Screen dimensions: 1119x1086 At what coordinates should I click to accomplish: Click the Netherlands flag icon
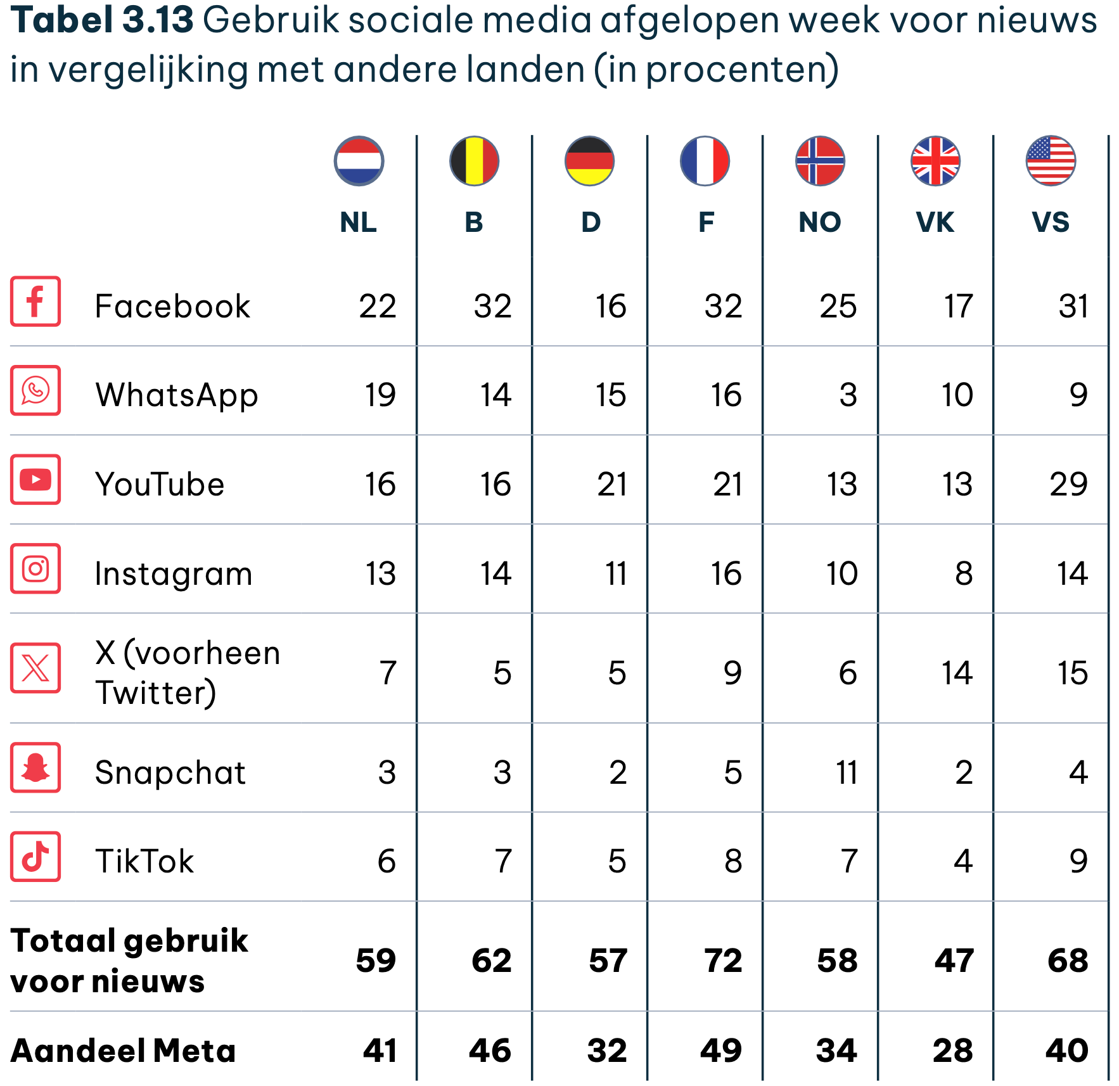(359, 161)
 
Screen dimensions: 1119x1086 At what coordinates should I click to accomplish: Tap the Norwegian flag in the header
(820, 161)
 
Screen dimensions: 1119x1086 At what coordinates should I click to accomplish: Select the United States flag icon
(1051, 161)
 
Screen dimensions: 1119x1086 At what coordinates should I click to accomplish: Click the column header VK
(935, 222)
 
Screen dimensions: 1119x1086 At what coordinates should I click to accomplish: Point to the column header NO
(820, 222)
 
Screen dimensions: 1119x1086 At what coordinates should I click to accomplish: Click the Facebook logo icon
(35, 301)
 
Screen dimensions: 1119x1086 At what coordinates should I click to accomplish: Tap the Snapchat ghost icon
(35, 767)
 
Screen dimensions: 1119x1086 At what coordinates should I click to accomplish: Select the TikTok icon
(35, 857)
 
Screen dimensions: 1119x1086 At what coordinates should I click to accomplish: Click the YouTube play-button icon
(35, 480)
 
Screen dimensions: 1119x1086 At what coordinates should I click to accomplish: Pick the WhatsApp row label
(177, 396)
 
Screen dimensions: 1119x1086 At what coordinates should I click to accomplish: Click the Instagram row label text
(174, 575)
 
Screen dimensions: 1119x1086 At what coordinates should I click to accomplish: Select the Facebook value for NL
(378, 306)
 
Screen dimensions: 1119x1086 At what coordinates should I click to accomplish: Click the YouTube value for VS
(1069, 485)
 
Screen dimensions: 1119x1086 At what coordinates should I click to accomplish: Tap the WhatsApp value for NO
(848, 395)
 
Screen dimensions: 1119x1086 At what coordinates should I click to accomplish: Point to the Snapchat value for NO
(847, 772)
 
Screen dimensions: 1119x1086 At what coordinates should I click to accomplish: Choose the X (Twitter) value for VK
(957, 673)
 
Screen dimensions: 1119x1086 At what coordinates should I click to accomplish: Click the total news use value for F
(723, 961)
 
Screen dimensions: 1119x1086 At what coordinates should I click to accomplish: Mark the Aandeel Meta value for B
(490, 1051)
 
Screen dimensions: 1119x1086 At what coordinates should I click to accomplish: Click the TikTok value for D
(617, 862)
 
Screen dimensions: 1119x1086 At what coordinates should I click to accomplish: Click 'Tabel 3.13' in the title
(102, 20)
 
